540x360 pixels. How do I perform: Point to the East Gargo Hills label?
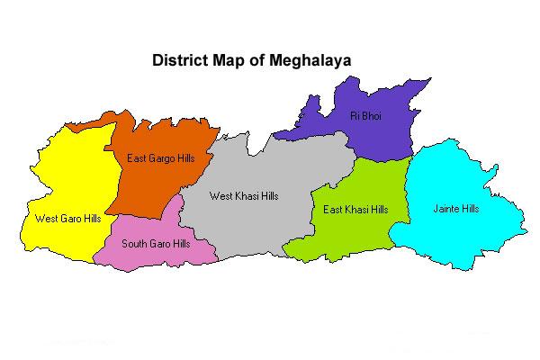click(x=161, y=158)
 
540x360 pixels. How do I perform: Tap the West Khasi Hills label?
click(x=244, y=195)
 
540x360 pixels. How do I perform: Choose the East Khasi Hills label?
click(x=355, y=210)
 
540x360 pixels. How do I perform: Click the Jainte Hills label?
click(x=456, y=209)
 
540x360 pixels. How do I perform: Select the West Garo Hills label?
click(x=67, y=218)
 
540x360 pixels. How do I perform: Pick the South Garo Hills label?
click(x=156, y=243)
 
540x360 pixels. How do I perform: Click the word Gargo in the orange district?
click(x=163, y=159)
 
